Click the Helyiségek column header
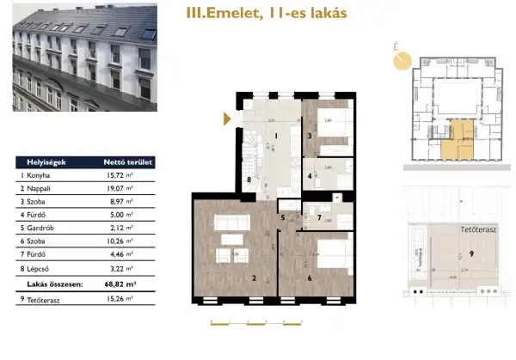(x=39, y=162)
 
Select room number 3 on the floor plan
(x=309, y=135)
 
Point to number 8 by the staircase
(x=249, y=180)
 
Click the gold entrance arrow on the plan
(x=228, y=119)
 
